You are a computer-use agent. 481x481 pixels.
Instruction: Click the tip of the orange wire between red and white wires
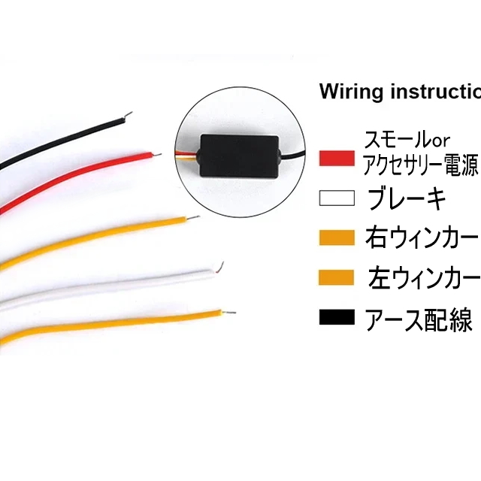click(194, 219)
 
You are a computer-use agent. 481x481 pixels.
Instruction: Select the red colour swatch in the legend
click(336, 159)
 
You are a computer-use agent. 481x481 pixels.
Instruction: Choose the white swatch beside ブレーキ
click(336, 198)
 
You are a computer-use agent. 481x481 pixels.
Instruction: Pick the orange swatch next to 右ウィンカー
click(336, 238)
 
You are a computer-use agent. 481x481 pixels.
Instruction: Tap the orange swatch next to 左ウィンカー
click(336, 278)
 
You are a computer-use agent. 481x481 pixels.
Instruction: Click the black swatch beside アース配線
click(336, 318)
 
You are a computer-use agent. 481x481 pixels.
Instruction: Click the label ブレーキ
click(407, 199)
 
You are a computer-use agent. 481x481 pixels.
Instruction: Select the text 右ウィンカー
click(421, 238)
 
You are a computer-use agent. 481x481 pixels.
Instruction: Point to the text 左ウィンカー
click(422, 278)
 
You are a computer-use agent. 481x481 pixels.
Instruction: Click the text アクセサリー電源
click(419, 165)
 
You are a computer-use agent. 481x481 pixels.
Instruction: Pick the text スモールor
click(406, 141)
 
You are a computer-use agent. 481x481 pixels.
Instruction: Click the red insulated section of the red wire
click(75, 174)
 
